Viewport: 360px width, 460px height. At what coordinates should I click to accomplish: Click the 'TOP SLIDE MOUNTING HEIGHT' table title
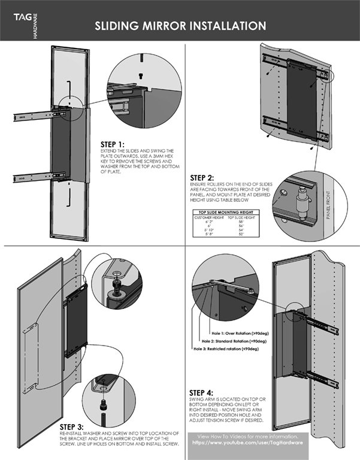click(x=225, y=212)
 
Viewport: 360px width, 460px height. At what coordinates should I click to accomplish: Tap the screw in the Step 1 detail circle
click(x=141, y=75)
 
